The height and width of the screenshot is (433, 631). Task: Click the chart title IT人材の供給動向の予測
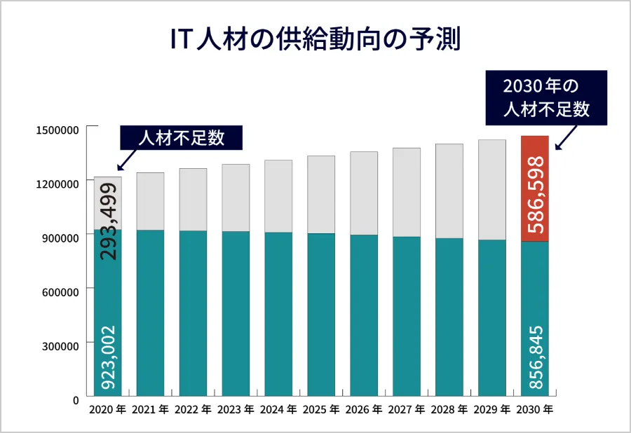pos(315,40)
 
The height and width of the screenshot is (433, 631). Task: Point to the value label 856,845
pos(535,357)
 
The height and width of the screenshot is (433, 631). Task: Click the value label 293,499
pos(108,221)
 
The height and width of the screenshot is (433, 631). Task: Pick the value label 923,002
pos(108,357)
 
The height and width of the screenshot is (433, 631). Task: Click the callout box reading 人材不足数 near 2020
pos(182,137)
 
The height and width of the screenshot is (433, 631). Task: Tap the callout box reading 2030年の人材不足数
pos(545,98)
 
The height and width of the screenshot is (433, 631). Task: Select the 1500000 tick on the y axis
pos(57,130)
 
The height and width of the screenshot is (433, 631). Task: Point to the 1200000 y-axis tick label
pos(57,184)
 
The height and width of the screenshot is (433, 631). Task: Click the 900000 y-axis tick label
pos(60,238)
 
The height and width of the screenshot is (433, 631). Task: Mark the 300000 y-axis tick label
pos(60,345)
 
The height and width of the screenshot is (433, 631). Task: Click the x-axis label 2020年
pos(107,409)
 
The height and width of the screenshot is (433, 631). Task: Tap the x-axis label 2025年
pos(321,409)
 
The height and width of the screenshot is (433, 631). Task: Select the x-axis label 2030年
pos(534,409)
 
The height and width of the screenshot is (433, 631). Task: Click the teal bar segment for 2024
pos(278,315)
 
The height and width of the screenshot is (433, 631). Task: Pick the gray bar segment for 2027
pos(407,193)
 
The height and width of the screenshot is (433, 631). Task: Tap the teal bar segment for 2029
pos(492,319)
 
